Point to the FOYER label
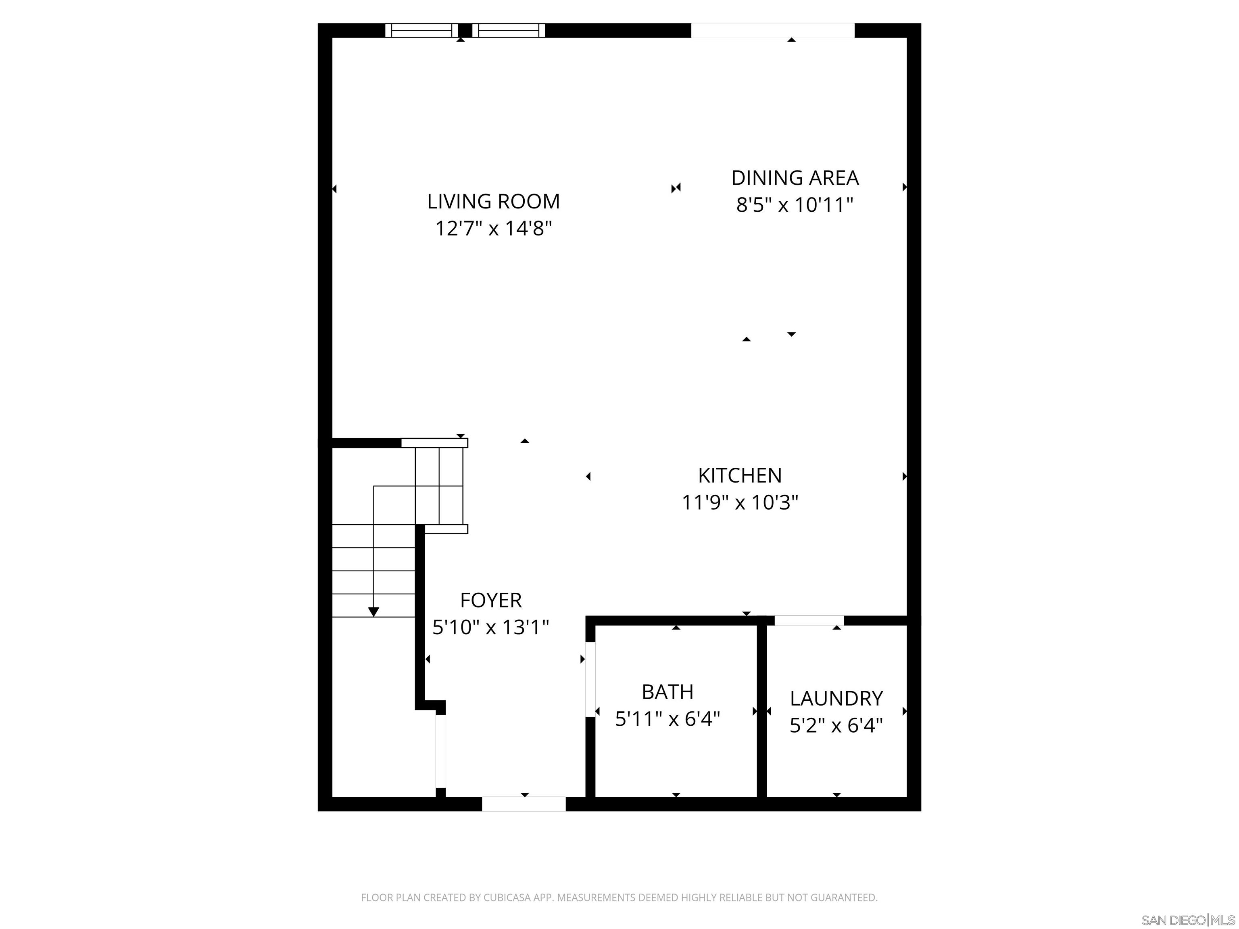[x=491, y=600]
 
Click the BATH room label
[x=667, y=692]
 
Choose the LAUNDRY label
[x=836, y=698]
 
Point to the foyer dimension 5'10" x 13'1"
[x=491, y=627]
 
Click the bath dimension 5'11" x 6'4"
[x=667, y=719]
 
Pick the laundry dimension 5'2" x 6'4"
[x=836, y=726]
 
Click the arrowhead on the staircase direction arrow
[x=373, y=612]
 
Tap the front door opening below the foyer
[x=524, y=804]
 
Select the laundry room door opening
[x=809, y=621]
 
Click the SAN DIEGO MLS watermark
[x=1187, y=920]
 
